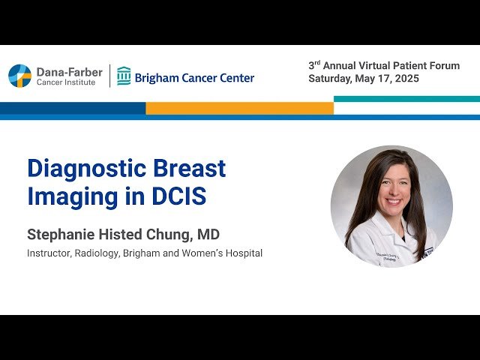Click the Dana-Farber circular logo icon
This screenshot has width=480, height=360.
(19, 76)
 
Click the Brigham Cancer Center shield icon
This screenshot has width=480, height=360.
(124, 76)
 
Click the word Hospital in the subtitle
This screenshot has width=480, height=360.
(241, 253)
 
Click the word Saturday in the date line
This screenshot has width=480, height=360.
(331, 79)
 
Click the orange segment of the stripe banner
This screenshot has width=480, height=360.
(239, 108)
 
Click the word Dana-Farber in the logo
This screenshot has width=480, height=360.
(70, 72)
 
